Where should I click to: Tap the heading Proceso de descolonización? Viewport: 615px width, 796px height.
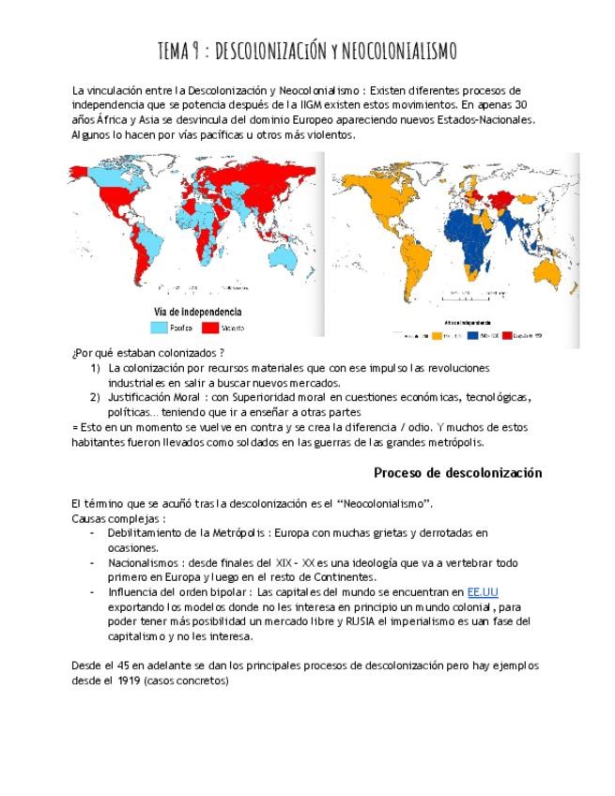point(457,473)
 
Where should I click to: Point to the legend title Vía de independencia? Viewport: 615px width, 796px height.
point(196,312)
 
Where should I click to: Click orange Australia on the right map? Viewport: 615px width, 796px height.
point(550,272)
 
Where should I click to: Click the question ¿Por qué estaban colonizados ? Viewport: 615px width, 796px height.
point(147,354)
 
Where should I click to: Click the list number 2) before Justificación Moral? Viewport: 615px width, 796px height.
point(96,397)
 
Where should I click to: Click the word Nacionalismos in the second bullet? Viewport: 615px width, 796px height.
point(146,562)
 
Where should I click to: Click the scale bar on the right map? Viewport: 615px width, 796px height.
point(467,295)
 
